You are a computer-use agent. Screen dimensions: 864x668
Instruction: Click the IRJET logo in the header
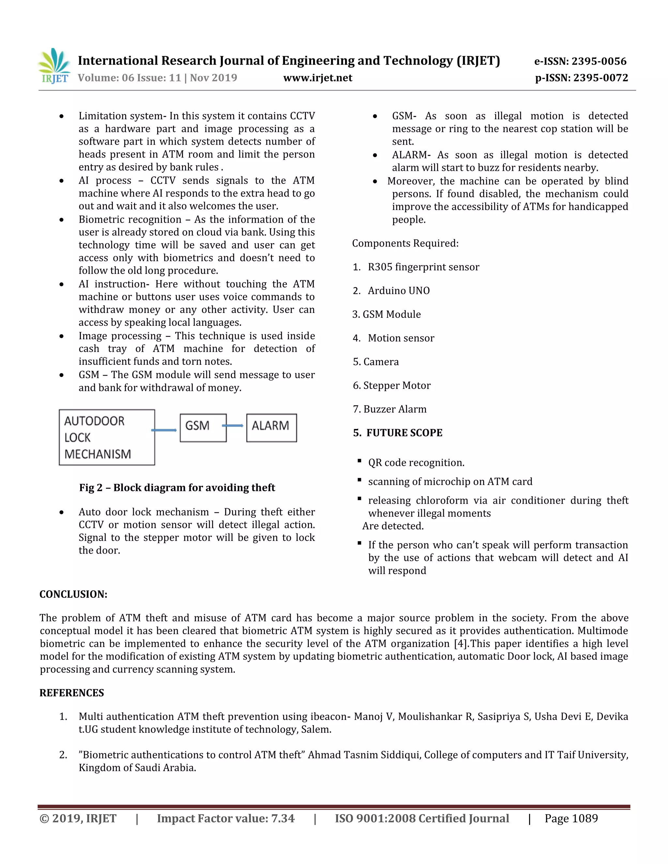pos(54,66)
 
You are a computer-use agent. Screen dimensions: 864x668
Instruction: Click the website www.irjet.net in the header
pos(317,78)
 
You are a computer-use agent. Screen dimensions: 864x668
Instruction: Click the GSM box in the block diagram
pos(203,428)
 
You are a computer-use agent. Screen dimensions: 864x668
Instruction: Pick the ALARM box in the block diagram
pos(271,428)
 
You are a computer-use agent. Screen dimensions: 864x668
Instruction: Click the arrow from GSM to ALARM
pos(234,426)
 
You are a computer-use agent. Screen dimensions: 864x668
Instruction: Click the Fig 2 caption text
pos(177,487)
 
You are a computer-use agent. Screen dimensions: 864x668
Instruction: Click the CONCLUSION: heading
pos(74,594)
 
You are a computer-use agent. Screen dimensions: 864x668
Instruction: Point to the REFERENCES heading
pos(72,693)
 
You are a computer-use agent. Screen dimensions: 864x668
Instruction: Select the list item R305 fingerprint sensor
pos(423,267)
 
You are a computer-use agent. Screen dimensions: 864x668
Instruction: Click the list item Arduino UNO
pos(399,291)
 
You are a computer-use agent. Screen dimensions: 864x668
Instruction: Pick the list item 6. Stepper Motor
pos(392,385)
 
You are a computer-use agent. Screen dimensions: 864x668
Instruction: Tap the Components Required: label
pos(405,243)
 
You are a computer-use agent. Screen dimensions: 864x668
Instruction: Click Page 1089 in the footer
pos(571,818)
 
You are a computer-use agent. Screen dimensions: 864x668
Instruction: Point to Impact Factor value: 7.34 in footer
pos(226,818)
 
